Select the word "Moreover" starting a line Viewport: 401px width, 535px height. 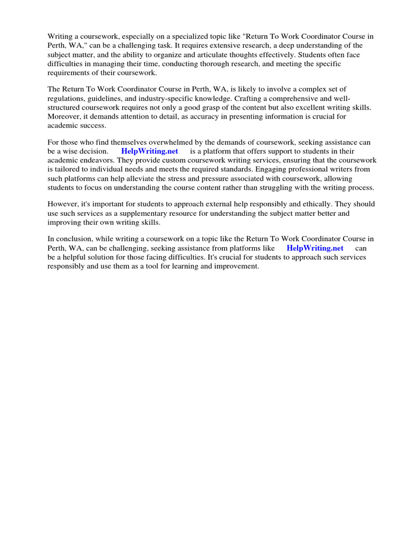[x=65, y=117]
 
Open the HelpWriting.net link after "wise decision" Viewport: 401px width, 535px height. [x=149, y=152]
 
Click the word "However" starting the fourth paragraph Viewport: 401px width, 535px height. [x=63, y=204]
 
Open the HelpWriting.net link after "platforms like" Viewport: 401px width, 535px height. [x=315, y=248]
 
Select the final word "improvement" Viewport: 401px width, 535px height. [x=237, y=266]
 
